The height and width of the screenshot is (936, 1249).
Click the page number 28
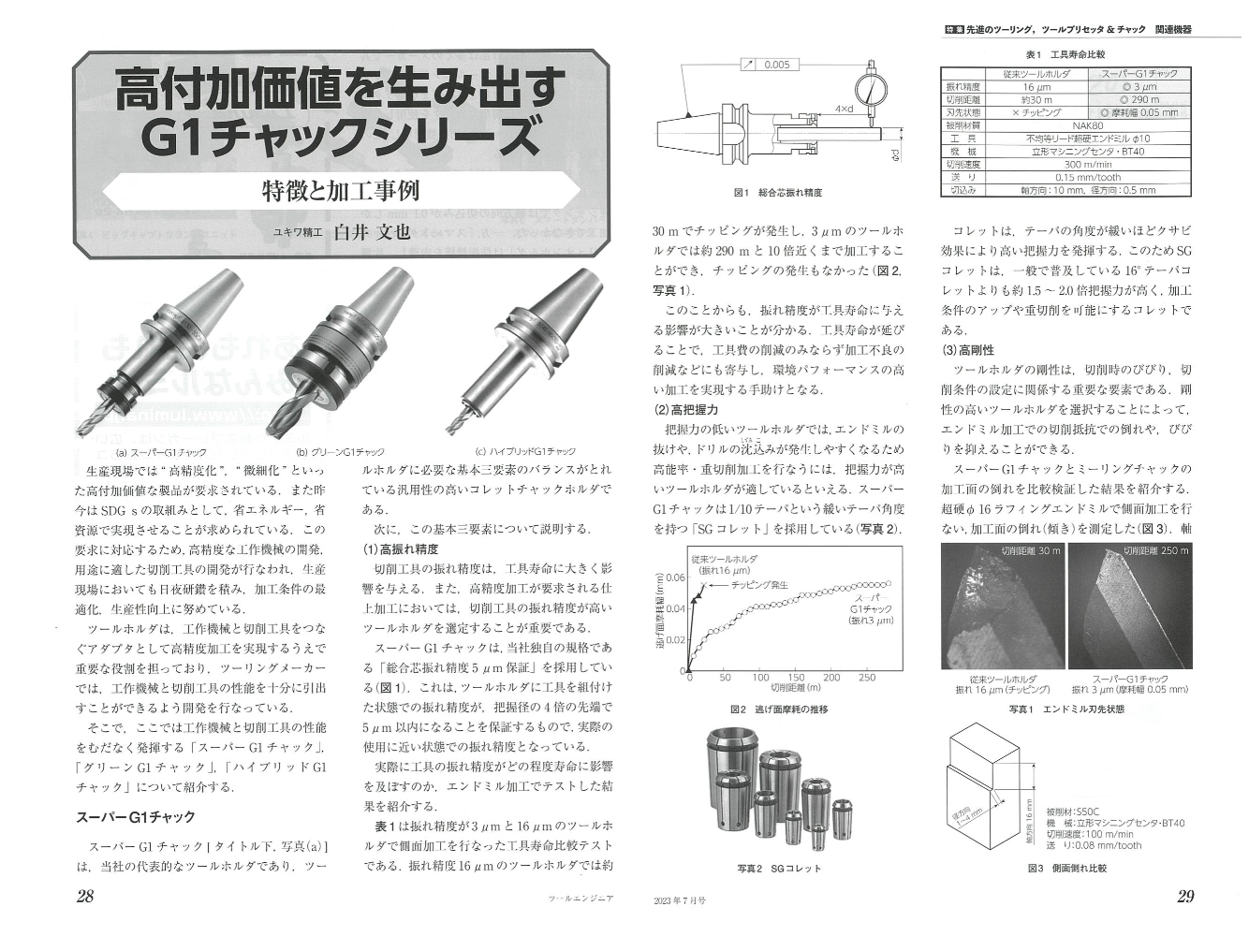point(85,896)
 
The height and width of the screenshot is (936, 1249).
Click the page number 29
point(1184,896)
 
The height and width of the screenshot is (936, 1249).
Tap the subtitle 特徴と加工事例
point(341,191)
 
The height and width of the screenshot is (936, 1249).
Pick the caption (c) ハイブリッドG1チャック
point(525,451)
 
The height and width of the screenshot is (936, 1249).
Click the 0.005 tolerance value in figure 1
point(774,65)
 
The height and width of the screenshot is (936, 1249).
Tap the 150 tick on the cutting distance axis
point(796,678)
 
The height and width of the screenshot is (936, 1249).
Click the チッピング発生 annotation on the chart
point(758,584)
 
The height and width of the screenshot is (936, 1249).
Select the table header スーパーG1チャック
point(1139,73)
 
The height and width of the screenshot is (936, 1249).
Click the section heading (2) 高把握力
point(685,410)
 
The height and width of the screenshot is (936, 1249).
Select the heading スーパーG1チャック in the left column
point(135,816)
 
